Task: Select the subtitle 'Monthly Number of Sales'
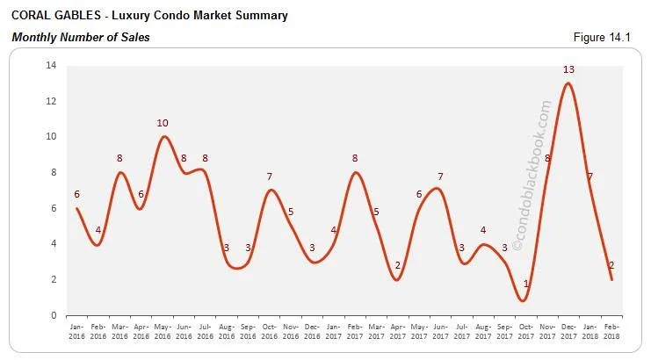pyautogui.click(x=80, y=37)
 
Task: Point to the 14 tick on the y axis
pyautogui.click(x=51, y=66)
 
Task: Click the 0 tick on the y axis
pyautogui.click(x=54, y=315)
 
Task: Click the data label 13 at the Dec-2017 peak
pyautogui.click(x=568, y=69)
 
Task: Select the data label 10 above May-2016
pyautogui.click(x=163, y=123)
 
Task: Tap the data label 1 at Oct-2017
pyautogui.click(x=525, y=284)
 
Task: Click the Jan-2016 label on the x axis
pyautogui.click(x=77, y=330)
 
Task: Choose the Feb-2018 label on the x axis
pyautogui.click(x=611, y=330)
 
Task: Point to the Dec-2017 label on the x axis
pyautogui.click(x=568, y=330)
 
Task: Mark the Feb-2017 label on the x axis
pyautogui.click(x=355, y=330)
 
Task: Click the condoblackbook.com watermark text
pyautogui.click(x=532, y=176)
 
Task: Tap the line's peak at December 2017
pyautogui.click(x=568, y=83)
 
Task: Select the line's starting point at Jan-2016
pyautogui.click(x=77, y=208)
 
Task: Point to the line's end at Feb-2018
pyautogui.click(x=611, y=279)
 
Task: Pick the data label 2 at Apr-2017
pyautogui.click(x=397, y=265)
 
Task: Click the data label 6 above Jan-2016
pyautogui.click(x=77, y=194)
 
